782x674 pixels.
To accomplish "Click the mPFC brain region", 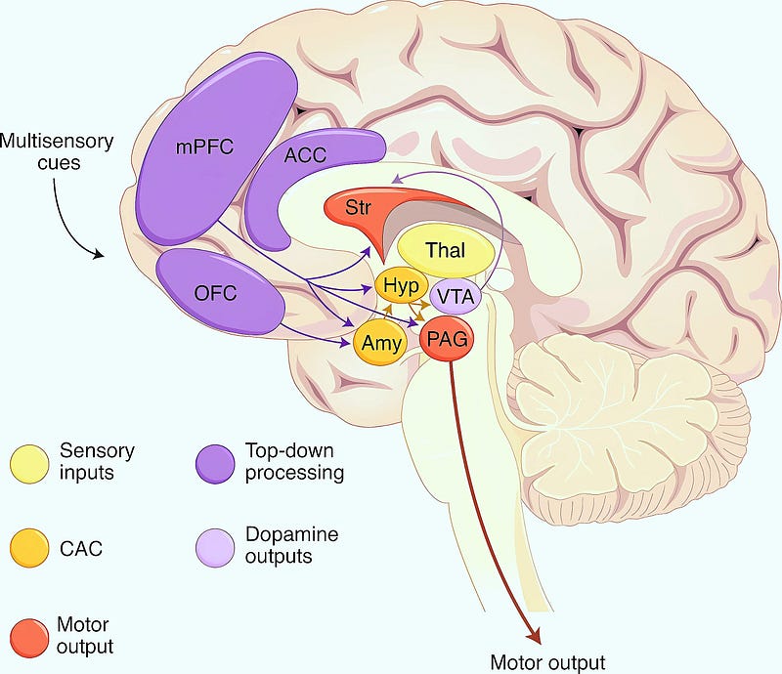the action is click(214, 149).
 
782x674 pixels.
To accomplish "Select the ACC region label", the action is click(305, 155).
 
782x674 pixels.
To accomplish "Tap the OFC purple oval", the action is click(219, 292).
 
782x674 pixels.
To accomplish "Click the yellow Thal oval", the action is click(446, 250).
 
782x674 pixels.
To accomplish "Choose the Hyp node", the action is click(402, 285).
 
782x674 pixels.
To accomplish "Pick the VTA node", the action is click(455, 297).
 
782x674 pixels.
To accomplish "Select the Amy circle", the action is click(381, 343).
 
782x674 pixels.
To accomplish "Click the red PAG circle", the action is click(447, 340).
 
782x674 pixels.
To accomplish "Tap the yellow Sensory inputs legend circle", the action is click(29, 464).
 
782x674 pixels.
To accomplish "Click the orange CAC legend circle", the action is click(29, 548).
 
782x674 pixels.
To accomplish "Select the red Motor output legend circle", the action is click(29, 639).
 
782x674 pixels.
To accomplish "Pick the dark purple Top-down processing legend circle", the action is click(215, 464).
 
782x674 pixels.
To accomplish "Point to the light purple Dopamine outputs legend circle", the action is click(215, 548).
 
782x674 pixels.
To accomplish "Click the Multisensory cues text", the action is click(57, 152).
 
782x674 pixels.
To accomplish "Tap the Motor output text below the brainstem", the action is click(547, 662).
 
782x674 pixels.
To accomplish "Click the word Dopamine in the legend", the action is click(291, 534).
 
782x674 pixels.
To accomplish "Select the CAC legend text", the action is click(81, 548).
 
